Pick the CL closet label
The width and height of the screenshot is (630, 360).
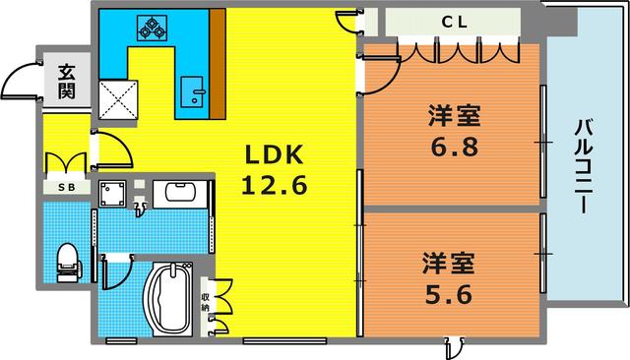click(x=454, y=20)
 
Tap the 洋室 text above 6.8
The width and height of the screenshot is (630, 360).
click(x=454, y=116)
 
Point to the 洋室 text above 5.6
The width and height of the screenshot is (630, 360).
click(x=449, y=264)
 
